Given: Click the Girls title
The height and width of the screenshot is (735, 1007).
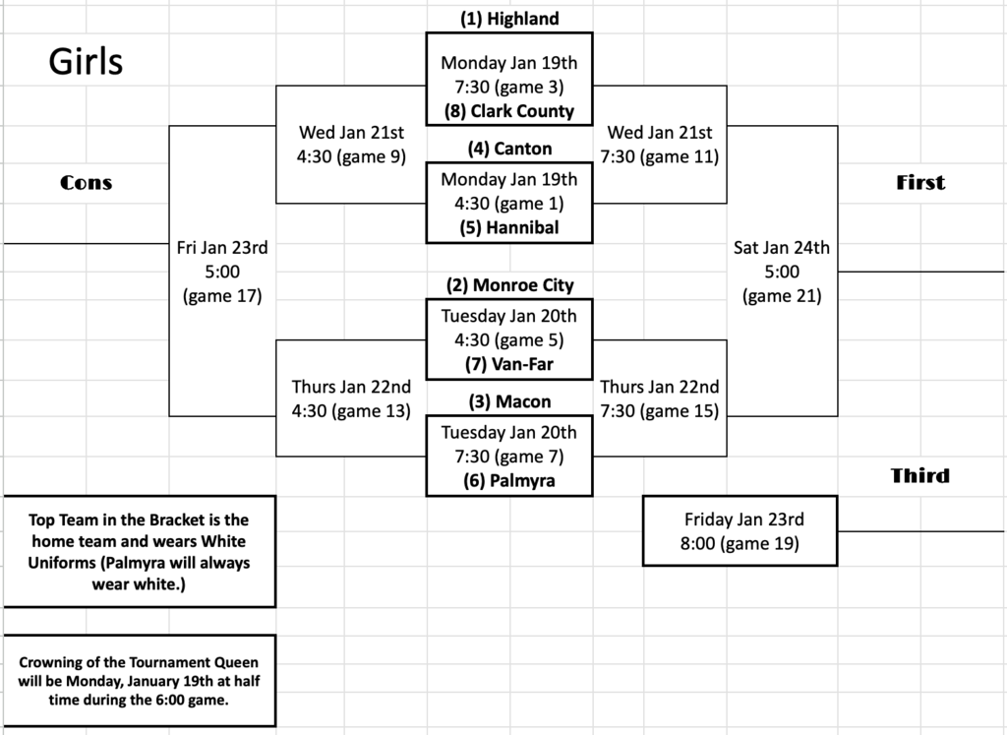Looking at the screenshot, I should [x=86, y=62].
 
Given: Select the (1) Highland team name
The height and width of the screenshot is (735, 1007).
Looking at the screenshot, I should [x=508, y=19].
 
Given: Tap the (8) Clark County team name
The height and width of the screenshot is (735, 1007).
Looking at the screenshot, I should [x=508, y=111].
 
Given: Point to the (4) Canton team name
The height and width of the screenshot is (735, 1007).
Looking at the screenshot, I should [x=508, y=149].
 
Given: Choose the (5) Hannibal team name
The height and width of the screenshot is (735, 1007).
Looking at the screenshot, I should [x=508, y=228].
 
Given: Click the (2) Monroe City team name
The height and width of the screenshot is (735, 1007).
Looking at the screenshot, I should [x=508, y=285].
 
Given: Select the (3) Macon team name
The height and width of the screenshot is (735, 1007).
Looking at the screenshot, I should [x=508, y=401].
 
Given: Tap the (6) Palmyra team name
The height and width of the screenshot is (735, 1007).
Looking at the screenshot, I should [x=508, y=481].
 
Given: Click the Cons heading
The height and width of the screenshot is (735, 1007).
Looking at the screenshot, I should [x=87, y=182].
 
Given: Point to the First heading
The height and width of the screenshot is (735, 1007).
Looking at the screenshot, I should [x=920, y=182].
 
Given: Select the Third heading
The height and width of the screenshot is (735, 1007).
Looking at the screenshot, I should [x=920, y=476].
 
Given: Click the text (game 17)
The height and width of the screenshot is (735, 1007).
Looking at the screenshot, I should [x=222, y=295].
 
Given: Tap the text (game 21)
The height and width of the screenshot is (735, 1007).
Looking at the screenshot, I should [x=782, y=295].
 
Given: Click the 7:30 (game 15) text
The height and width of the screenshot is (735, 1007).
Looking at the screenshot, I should [x=659, y=411].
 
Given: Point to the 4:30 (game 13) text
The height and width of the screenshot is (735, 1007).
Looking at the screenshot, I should [x=351, y=411].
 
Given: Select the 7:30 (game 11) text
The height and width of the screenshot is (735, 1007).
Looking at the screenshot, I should [x=659, y=156].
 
